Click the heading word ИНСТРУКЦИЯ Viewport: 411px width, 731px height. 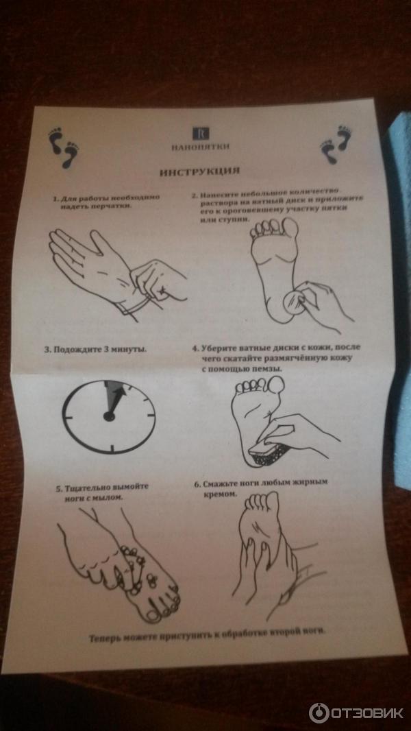click(200, 171)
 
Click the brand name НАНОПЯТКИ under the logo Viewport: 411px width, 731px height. click(200, 147)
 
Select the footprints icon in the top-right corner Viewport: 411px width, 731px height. click(336, 144)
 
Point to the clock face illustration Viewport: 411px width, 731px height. click(109, 416)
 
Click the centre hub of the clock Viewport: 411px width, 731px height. click(109, 416)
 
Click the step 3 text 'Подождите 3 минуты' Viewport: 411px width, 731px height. click(95, 349)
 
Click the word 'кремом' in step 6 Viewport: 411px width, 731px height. click(217, 493)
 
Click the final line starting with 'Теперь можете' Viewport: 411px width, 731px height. click(206, 636)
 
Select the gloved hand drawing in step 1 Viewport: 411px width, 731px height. click(117, 273)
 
